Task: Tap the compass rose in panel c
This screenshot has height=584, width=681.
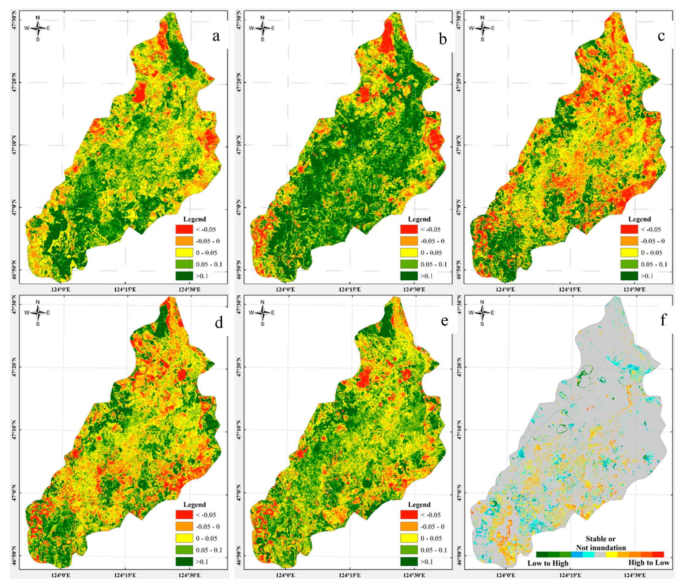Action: coord(482,28)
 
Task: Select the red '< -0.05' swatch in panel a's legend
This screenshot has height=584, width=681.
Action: coord(184,229)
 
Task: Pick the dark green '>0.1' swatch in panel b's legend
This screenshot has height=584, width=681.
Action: coord(409,276)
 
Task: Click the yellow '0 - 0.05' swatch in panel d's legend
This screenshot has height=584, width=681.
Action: coord(184,538)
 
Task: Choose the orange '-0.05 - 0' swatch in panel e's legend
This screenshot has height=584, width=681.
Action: coord(409,526)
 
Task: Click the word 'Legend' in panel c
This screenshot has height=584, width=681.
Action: coord(639,219)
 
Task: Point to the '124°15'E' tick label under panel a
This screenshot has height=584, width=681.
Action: coord(125,290)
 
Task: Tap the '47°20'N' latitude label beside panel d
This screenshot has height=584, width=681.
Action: coord(14,367)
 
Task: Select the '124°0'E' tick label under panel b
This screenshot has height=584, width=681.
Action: coord(286,290)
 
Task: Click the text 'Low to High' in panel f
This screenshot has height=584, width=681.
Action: coord(548,563)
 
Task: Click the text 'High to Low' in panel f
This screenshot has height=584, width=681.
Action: coord(648,562)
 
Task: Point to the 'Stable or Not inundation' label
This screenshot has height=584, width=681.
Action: coord(601,543)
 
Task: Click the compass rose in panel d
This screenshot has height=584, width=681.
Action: coord(38,313)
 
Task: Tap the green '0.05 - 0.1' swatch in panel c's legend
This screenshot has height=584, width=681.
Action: coord(629,264)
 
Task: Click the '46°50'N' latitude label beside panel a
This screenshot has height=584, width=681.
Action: coord(14,270)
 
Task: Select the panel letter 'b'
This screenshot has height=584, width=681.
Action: coord(443,40)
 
